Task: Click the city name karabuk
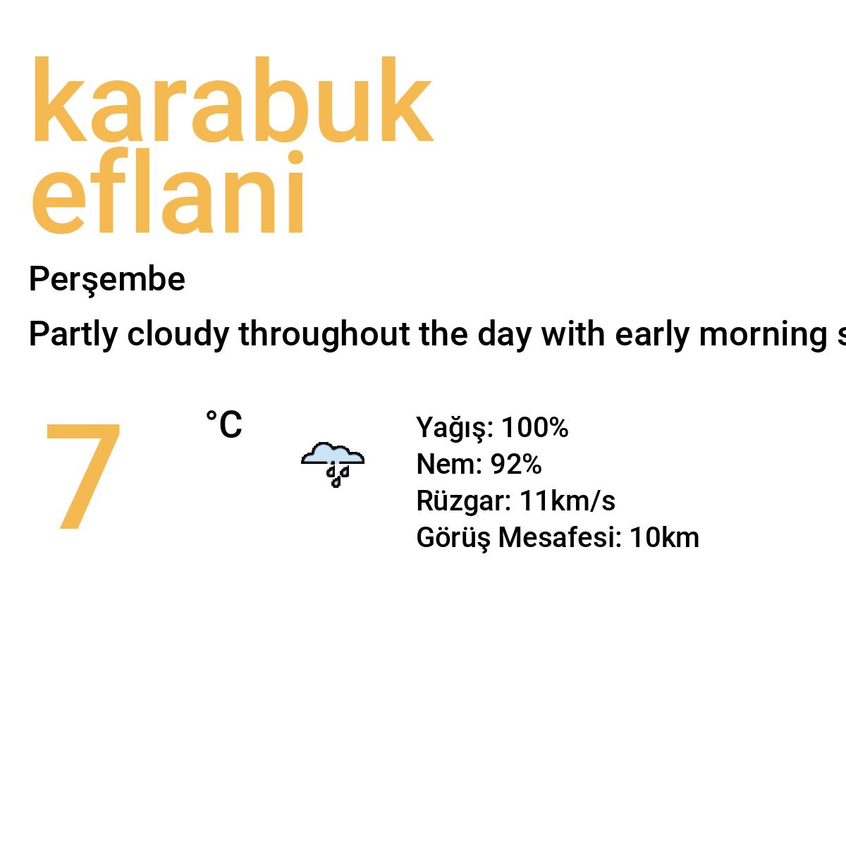click(231, 102)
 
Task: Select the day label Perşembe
click(106, 280)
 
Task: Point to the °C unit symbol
click(223, 425)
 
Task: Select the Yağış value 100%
click(534, 428)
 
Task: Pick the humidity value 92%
click(516, 465)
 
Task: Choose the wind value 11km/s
click(567, 501)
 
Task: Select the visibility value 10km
click(664, 538)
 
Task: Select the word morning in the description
click(763, 334)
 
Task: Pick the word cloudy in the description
click(178, 334)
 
